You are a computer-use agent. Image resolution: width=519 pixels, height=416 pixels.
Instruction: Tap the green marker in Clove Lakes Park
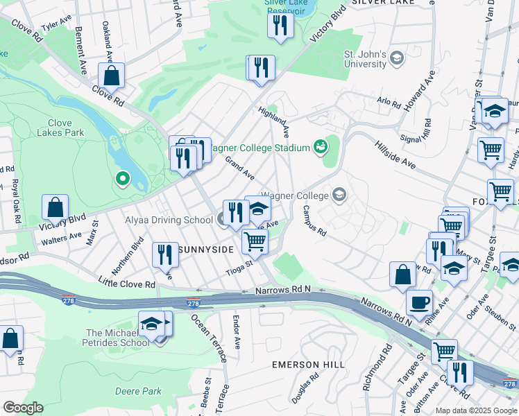123,180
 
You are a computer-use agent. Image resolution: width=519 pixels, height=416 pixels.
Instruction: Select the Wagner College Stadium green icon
321,146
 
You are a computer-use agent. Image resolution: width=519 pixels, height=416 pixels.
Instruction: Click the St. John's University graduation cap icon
396,58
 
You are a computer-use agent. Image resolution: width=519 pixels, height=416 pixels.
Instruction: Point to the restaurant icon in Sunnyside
165,254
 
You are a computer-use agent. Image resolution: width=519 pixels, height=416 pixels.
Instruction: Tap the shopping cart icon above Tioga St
255,241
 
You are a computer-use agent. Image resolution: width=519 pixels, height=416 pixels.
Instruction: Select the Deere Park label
137,391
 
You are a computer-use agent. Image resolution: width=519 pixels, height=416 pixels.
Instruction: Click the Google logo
23,408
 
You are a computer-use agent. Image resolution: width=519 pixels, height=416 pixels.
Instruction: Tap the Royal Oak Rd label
15,201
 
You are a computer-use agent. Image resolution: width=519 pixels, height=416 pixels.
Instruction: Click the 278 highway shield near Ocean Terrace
194,303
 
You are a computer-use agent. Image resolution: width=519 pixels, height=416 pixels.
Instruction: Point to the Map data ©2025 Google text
476,410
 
